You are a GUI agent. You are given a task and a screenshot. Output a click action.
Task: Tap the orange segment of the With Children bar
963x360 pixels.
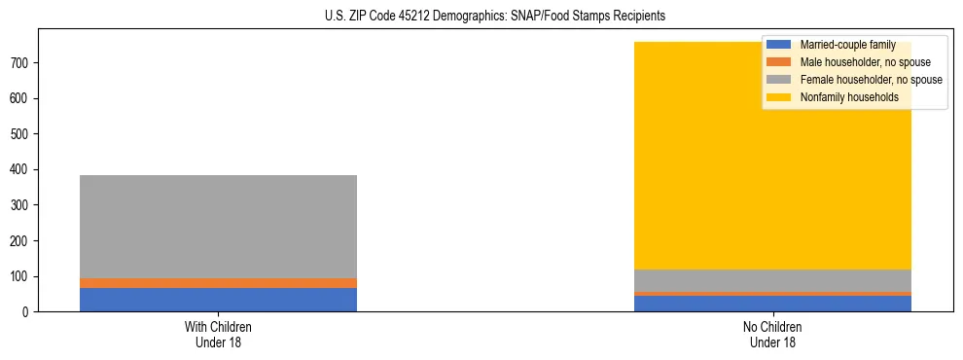tap(218, 283)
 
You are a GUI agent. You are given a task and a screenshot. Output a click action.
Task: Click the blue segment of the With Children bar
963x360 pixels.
tap(218, 300)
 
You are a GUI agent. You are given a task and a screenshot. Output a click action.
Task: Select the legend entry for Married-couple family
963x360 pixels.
tap(847, 45)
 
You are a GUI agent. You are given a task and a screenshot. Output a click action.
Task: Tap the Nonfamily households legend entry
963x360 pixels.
tap(848, 97)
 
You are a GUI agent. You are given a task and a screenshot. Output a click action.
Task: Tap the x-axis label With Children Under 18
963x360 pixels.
tap(218, 335)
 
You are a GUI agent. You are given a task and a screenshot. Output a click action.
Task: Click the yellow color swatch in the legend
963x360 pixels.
tap(779, 97)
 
